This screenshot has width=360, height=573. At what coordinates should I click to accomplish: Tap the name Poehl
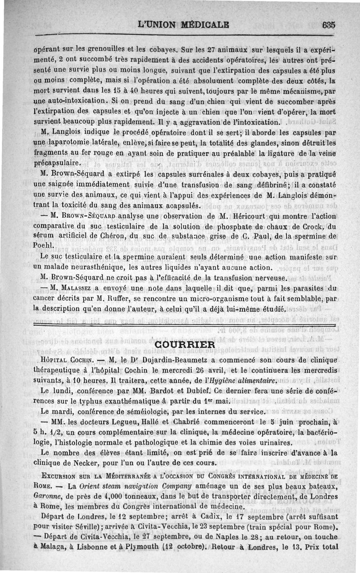coord(44,245)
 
